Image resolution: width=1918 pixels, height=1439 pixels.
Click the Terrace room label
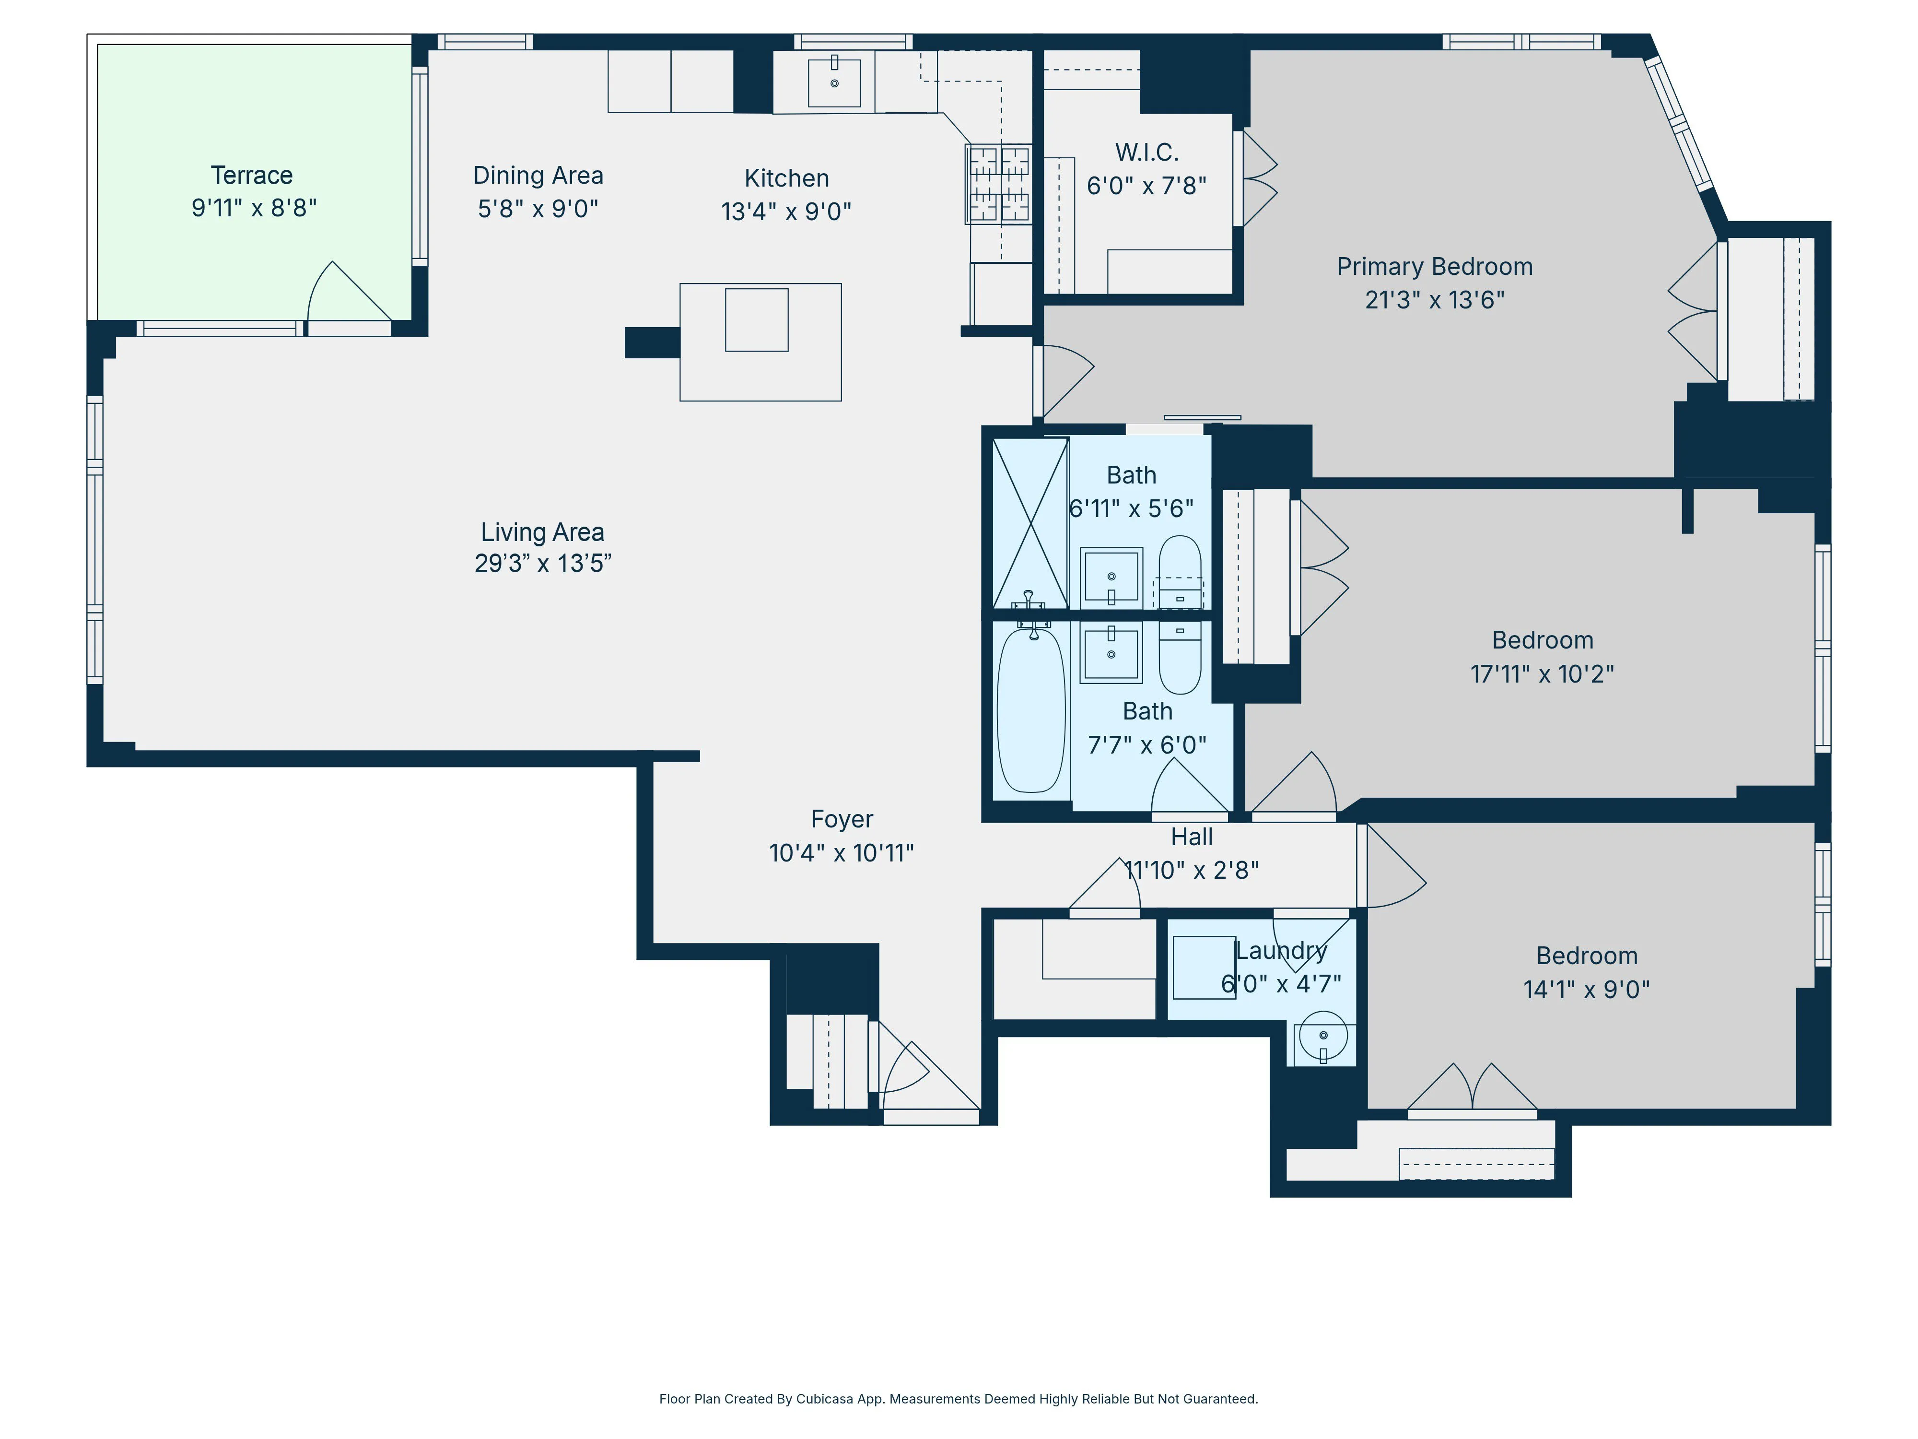[251, 175]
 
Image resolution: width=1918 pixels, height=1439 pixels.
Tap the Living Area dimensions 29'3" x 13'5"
[543, 564]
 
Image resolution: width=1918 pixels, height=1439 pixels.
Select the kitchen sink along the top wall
[834, 83]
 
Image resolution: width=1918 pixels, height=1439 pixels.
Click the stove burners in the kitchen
[999, 184]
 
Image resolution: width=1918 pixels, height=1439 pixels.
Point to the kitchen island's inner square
[756, 320]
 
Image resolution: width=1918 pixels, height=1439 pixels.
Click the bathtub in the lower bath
[1031, 709]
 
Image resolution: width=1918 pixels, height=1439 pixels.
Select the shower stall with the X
[1030, 523]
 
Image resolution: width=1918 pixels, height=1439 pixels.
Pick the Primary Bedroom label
[1434, 266]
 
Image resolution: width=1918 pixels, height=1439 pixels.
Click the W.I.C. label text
[1146, 153]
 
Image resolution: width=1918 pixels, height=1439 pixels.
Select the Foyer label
[841, 819]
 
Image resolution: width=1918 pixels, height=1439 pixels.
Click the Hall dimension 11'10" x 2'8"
[1192, 870]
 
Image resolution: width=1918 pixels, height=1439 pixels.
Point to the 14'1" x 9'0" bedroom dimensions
[1586, 990]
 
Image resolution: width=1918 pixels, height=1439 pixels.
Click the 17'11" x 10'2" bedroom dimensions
[1542, 674]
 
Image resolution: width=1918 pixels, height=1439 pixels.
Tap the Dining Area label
[538, 175]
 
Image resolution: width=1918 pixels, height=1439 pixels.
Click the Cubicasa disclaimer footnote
[958, 1398]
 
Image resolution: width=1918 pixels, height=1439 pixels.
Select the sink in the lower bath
[1111, 654]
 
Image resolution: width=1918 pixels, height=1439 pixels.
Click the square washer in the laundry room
[1204, 967]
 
